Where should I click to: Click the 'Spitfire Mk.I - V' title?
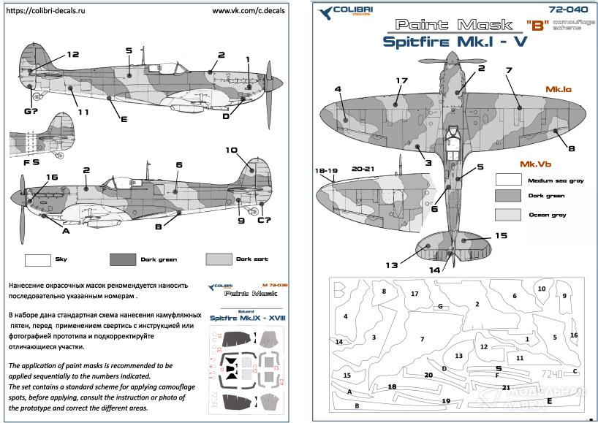pyautogui.click(x=454, y=41)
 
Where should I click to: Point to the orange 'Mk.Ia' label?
pyautogui.click(x=558, y=88)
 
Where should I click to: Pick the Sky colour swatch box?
pyautogui.click(x=37, y=259)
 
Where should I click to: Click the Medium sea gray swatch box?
pyautogui.click(x=507, y=179)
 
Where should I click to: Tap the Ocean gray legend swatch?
pyautogui.click(x=507, y=214)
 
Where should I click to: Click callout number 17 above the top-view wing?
pyautogui.click(x=401, y=81)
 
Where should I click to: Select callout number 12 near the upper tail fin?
pyautogui.click(x=72, y=54)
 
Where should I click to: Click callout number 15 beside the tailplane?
pyautogui.click(x=500, y=235)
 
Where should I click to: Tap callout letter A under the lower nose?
pyautogui.click(x=66, y=231)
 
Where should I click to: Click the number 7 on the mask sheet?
pyautogui.click(x=421, y=339)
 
